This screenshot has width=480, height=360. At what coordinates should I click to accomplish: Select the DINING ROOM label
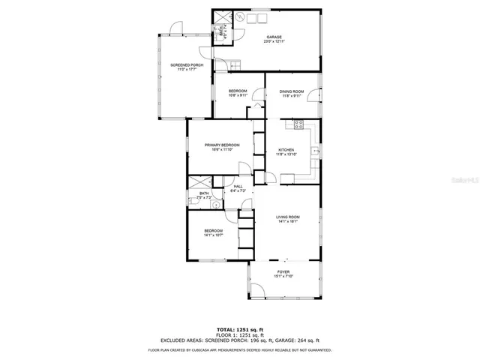pyautogui.click(x=292, y=91)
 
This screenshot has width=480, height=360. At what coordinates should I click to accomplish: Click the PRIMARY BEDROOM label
pyautogui.click(x=222, y=145)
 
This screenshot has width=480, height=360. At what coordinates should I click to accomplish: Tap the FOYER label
pyautogui.click(x=283, y=271)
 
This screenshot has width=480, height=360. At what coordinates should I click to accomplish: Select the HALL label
pyautogui.click(x=238, y=187)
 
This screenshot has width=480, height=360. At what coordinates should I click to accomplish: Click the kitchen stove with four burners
pyautogui.click(x=298, y=124)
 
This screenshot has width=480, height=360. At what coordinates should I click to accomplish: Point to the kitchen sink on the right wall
pyautogui.click(x=317, y=151)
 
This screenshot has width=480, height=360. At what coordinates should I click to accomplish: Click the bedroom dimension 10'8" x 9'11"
pyautogui.click(x=238, y=95)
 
